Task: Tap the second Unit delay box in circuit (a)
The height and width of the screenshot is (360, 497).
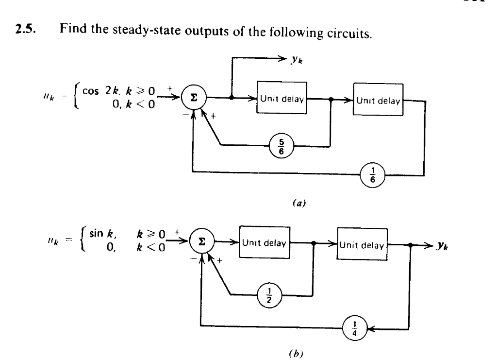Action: [378, 101]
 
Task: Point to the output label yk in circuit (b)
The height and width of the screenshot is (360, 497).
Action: [455, 246]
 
